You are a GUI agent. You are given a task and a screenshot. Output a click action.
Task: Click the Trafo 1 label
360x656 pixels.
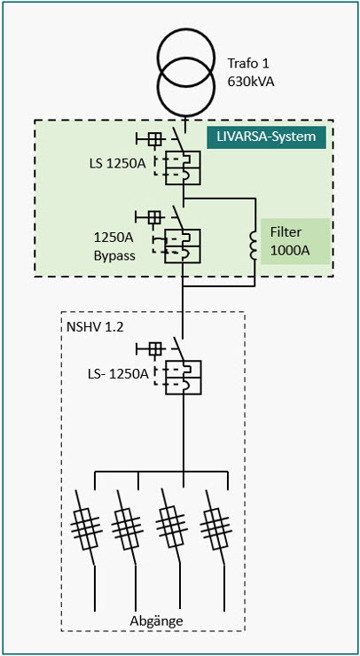click(248, 64)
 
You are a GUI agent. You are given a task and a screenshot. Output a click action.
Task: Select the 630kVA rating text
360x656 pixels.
click(251, 82)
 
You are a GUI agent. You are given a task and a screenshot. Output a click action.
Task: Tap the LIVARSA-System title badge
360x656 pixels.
click(266, 137)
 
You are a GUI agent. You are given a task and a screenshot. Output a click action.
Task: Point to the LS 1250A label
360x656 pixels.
click(113, 162)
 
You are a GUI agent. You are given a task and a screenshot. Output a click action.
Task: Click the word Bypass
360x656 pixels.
click(114, 255)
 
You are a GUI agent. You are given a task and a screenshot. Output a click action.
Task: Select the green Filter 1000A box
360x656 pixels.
click(295, 241)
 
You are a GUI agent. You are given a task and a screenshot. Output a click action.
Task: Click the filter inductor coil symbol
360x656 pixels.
click(254, 245)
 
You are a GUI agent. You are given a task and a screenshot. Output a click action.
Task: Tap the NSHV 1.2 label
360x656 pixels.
click(95, 327)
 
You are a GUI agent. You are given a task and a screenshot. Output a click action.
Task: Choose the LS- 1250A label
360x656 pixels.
click(117, 374)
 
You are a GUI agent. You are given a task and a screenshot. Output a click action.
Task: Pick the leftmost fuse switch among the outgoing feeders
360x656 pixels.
click(86, 528)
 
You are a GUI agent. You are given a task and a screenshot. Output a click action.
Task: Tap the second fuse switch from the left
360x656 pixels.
click(128, 528)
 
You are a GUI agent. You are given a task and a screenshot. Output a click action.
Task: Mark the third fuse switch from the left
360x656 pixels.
click(171, 528)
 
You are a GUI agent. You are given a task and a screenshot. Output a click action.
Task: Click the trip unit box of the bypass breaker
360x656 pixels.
click(183, 246)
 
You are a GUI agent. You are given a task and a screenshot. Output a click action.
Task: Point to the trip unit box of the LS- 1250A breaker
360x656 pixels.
click(183, 377)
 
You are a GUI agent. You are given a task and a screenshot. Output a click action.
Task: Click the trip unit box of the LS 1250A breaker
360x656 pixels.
click(183, 168)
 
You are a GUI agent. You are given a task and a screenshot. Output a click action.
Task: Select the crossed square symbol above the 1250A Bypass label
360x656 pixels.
click(154, 217)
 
